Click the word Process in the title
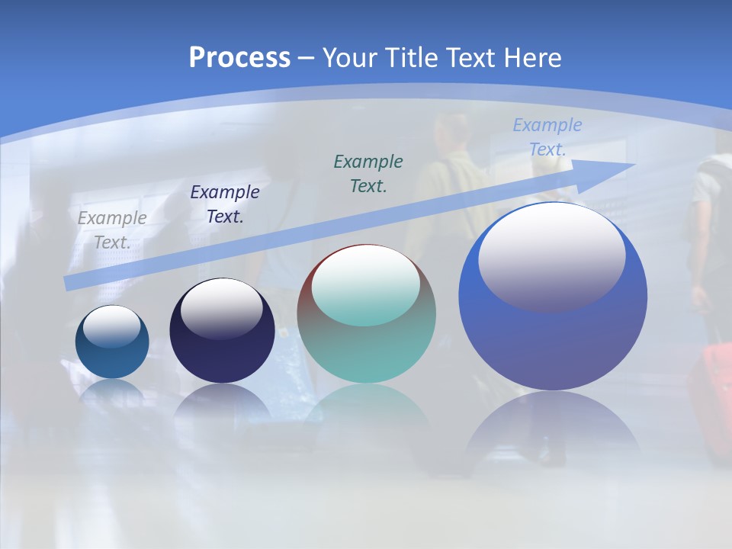239,58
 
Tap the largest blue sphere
553,343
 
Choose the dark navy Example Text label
225,204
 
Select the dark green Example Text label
368,173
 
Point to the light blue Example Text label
547,137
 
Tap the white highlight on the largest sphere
551,255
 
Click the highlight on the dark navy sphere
221,309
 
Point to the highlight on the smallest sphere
111,326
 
